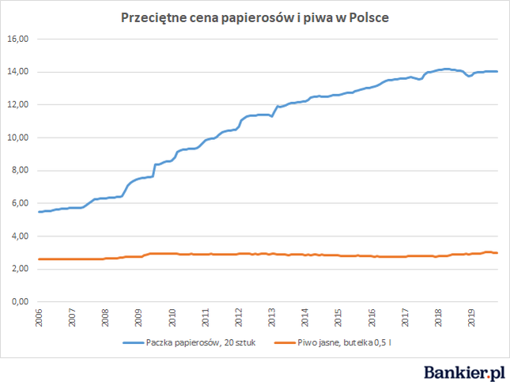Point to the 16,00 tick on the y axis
pyautogui.click(x=18, y=39)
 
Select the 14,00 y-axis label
pyautogui.click(x=18, y=72)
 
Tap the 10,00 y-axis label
pyautogui.click(x=18, y=138)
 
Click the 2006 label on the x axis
pyautogui.click(x=39, y=318)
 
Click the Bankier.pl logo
pyautogui.click(x=464, y=372)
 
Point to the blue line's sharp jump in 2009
pyautogui.click(x=154, y=170)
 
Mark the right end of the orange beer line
pyautogui.click(x=497, y=253)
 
